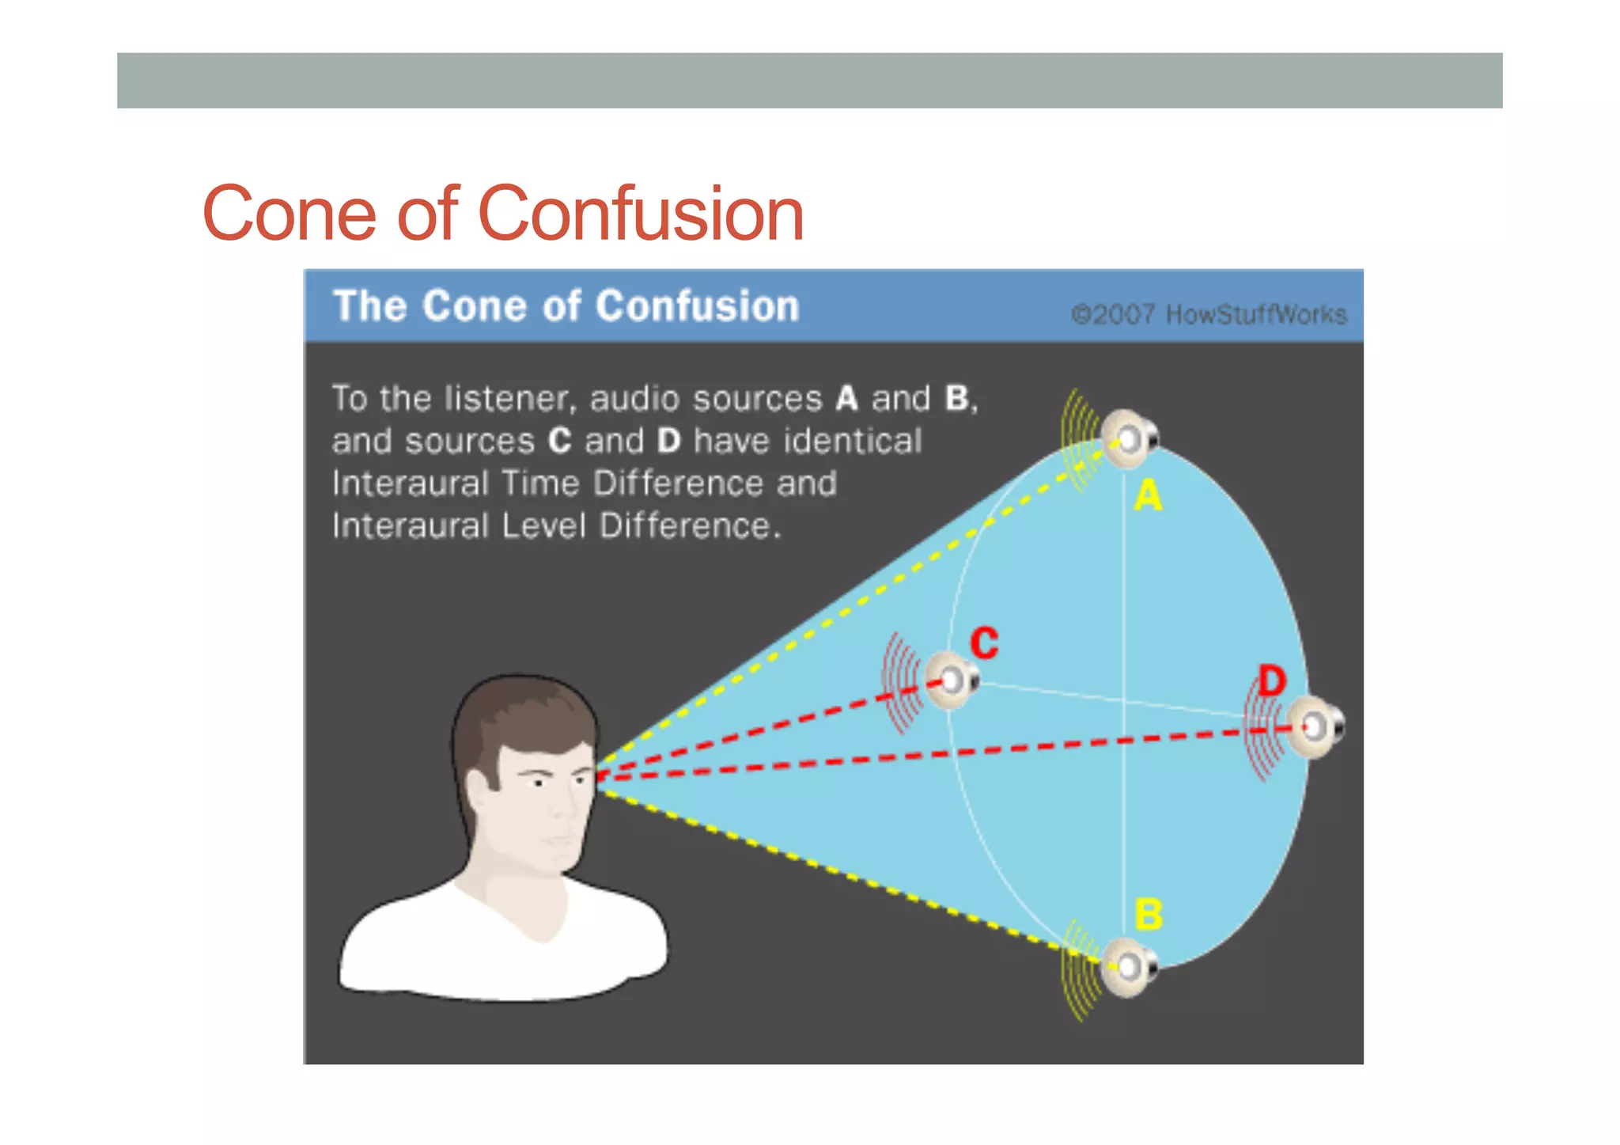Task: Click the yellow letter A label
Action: click(x=1148, y=496)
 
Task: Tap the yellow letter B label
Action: click(x=1149, y=915)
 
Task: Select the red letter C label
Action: click(x=985, y=643)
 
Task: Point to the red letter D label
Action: click(x=1272, y=681)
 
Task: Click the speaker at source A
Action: click(x=1130, y=438)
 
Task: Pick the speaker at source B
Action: click(x=1130, y=966)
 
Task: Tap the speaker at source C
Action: click(x=952, y=680)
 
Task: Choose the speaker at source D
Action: click(x=1315, y=726)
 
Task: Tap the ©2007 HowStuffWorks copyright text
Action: click(x=1209, y=315)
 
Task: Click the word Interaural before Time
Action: click(x=411, y=483)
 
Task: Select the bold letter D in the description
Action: click(x=668, y=441)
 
